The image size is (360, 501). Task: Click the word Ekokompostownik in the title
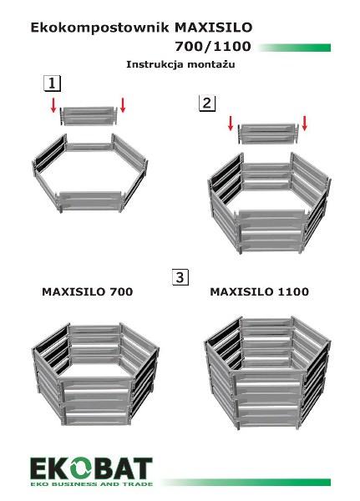(99, 28)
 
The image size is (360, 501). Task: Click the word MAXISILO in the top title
(214, 28)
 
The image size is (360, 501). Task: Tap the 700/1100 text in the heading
(213, 47)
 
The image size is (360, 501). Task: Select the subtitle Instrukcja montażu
(180, 64)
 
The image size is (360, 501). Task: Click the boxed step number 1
(52, 83)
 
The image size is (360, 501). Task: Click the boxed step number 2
(207, 104)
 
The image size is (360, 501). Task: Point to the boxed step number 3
(180, 277)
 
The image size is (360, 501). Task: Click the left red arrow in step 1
(53, 105)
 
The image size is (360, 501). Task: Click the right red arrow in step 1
(123, 105)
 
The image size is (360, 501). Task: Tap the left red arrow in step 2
(231, 123)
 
